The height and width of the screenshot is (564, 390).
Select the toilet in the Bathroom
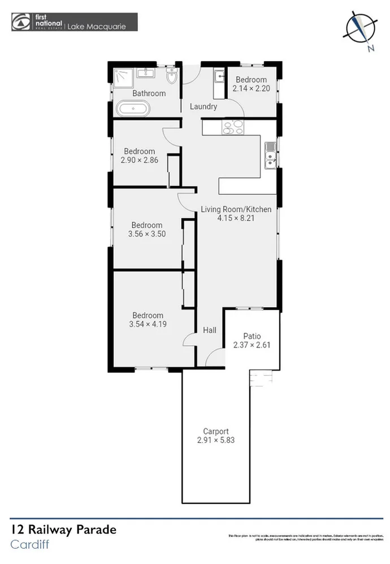click(x=172, y=77)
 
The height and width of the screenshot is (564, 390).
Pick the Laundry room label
click(x=203, y=106)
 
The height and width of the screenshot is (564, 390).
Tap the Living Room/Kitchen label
click(x=236, y=209)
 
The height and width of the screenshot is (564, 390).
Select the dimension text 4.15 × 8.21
click(x=236, y=218)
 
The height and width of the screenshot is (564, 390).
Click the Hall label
click(x=209, y=331)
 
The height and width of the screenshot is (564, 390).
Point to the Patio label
click(x=252, y=335)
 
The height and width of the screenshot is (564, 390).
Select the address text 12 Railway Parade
click(x=63, y=530)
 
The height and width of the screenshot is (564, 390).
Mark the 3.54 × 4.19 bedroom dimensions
click(x=148, y=325)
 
